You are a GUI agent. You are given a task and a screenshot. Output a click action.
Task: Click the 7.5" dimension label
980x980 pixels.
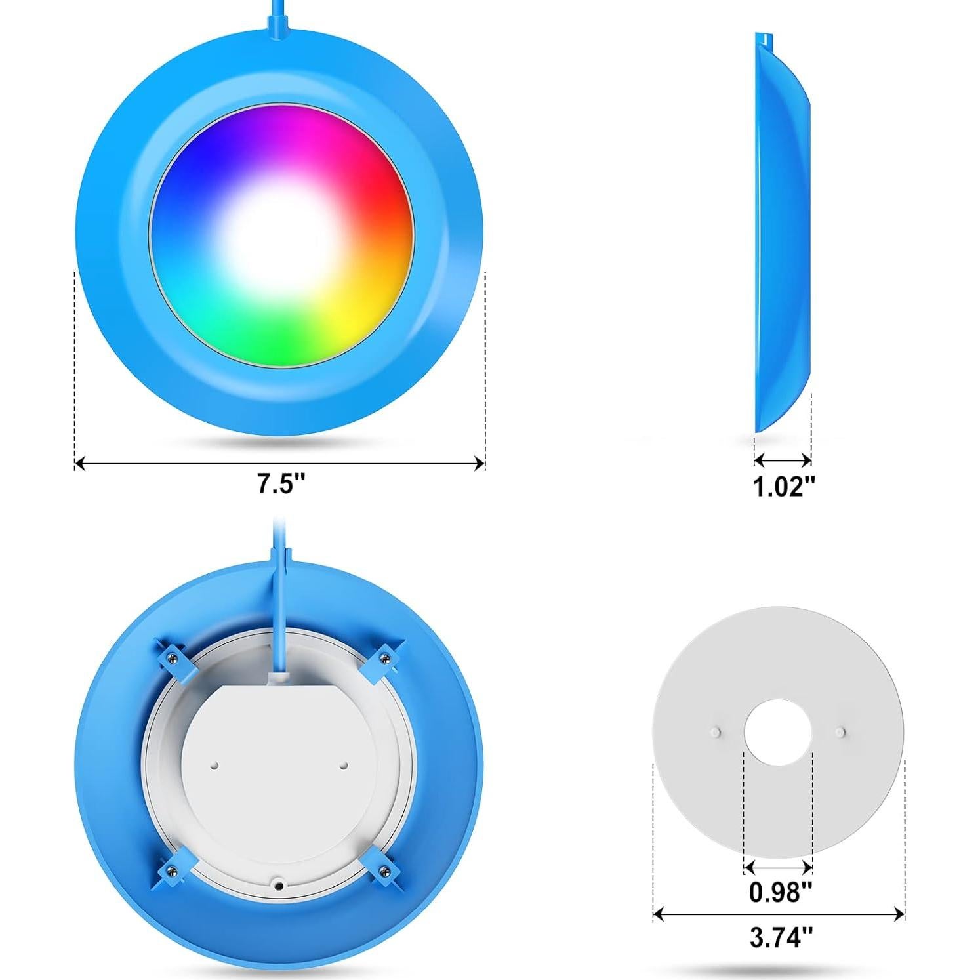pos(281,485)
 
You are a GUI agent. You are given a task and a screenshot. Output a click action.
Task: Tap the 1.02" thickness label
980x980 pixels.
pos(783,487)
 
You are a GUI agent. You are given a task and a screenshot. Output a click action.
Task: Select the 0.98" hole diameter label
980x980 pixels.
pos(780,892)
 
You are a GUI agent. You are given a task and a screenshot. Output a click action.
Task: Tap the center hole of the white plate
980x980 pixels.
pos(778,731)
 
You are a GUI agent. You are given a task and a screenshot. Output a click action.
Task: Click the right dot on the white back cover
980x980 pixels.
pos(343,765)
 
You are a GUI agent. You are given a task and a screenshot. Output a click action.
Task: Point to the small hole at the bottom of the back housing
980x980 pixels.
pos(279,886)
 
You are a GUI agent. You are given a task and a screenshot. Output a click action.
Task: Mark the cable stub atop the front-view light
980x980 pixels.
pos(276,20)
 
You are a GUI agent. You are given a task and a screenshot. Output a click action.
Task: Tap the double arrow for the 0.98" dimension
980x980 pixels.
pos(778,867)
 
